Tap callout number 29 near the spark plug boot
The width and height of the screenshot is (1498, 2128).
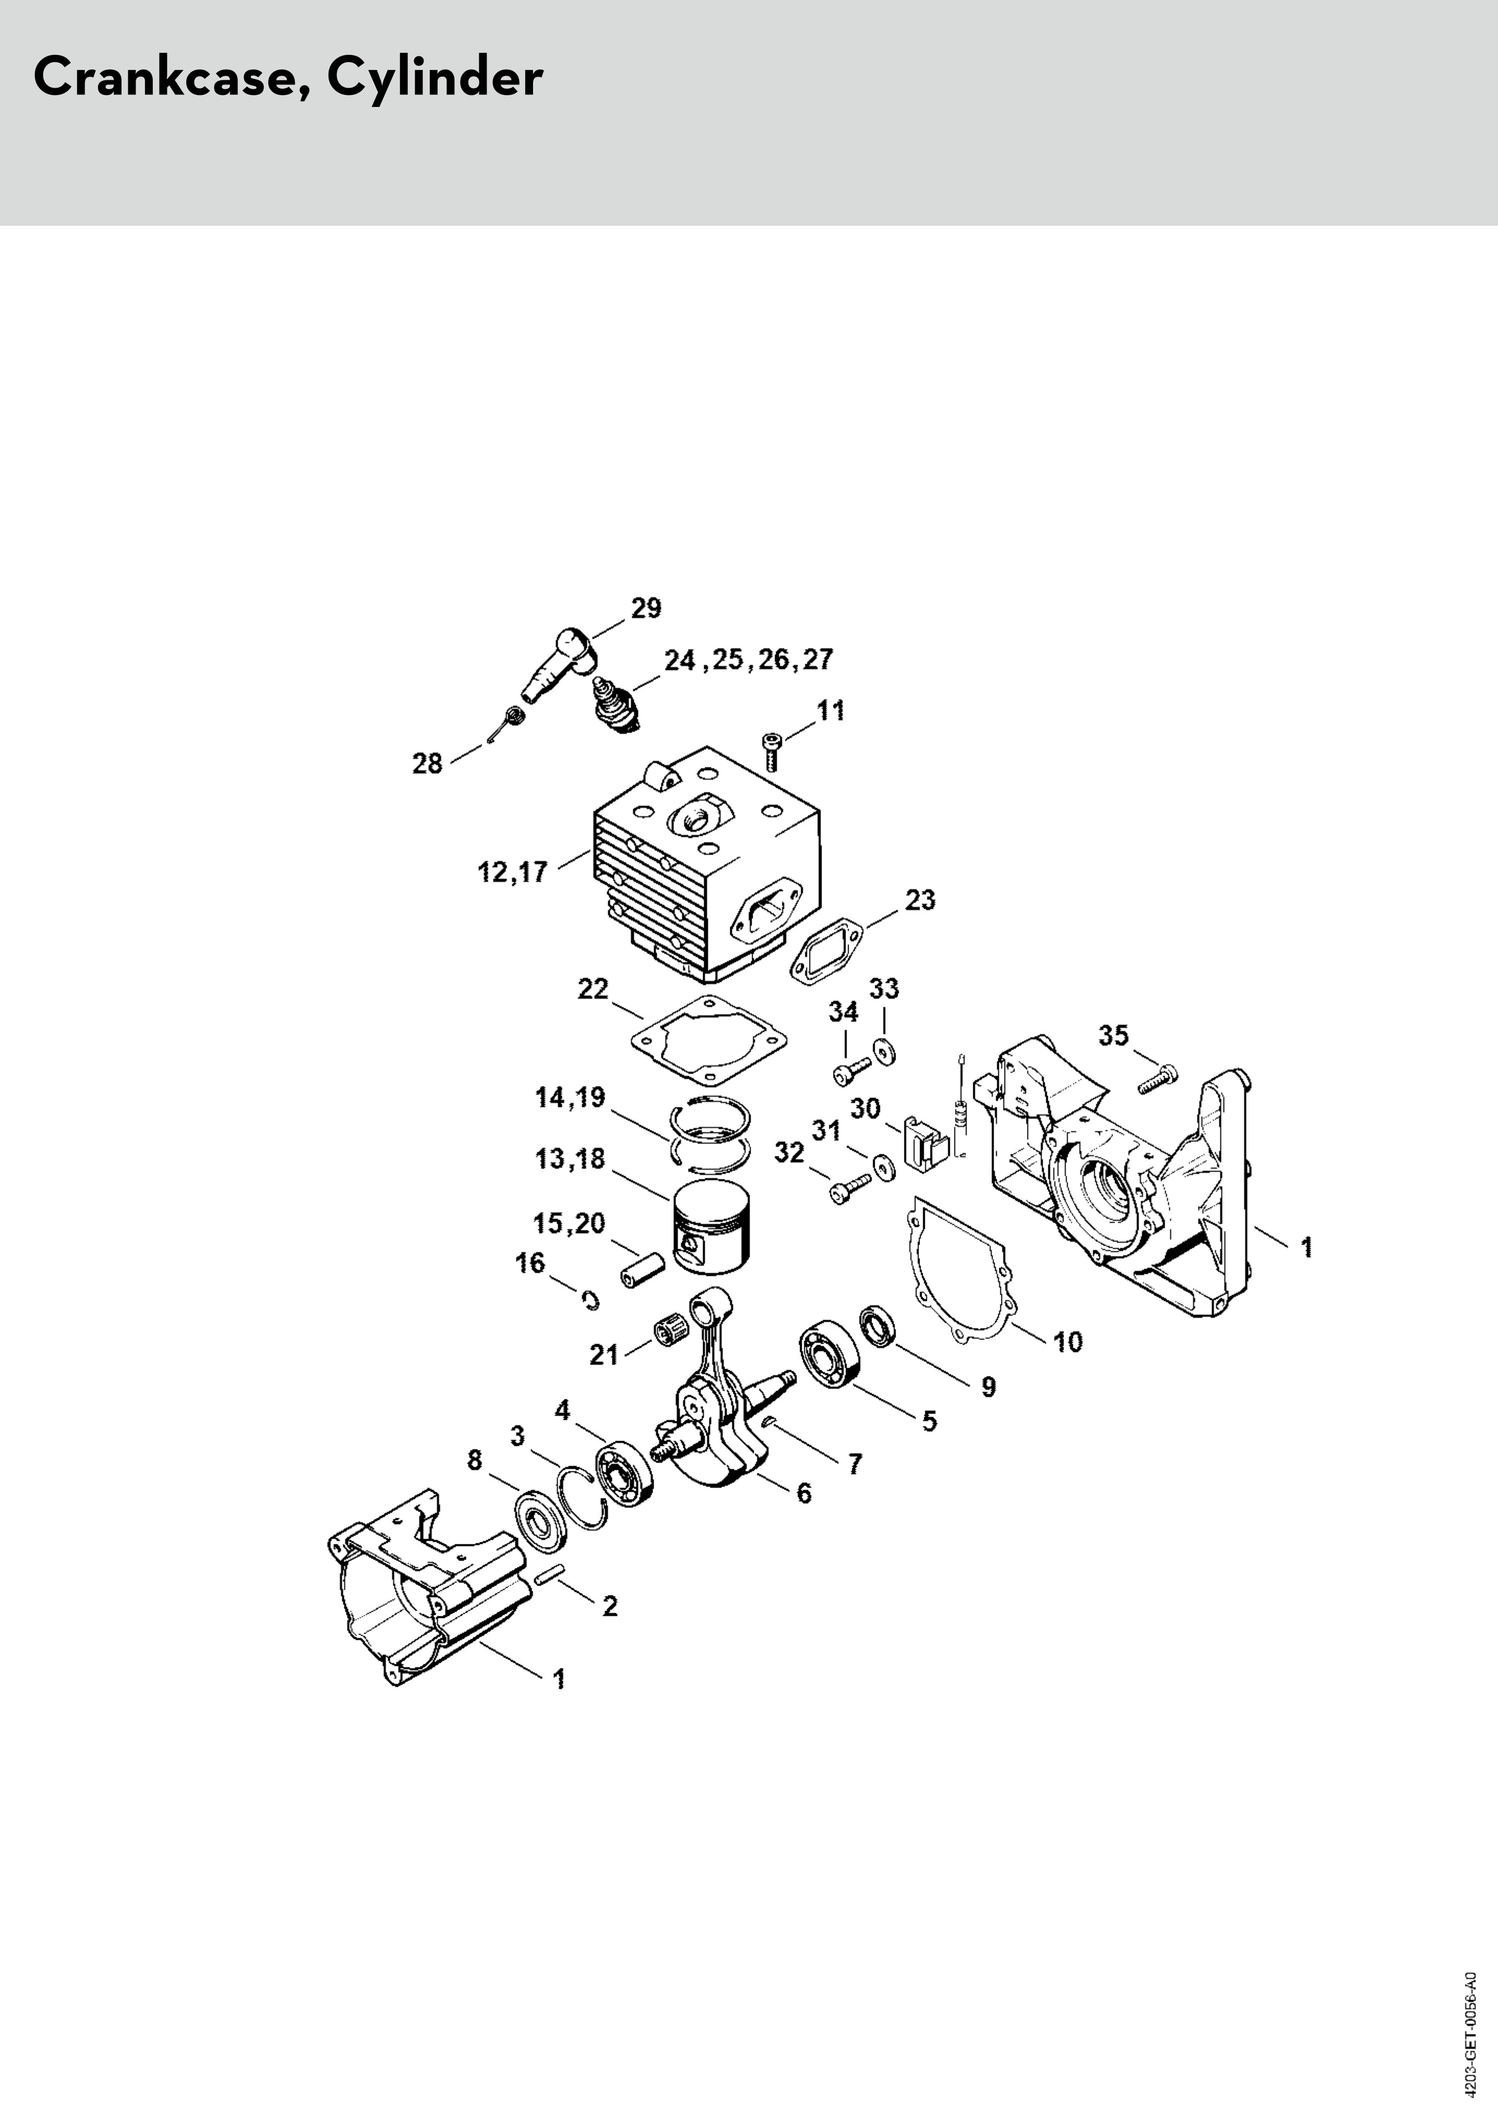click(x=646, y=608)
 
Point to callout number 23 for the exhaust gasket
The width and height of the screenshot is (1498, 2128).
click(x=920, y=900)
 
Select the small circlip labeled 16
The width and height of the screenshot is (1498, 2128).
click(x=590, y=1302)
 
